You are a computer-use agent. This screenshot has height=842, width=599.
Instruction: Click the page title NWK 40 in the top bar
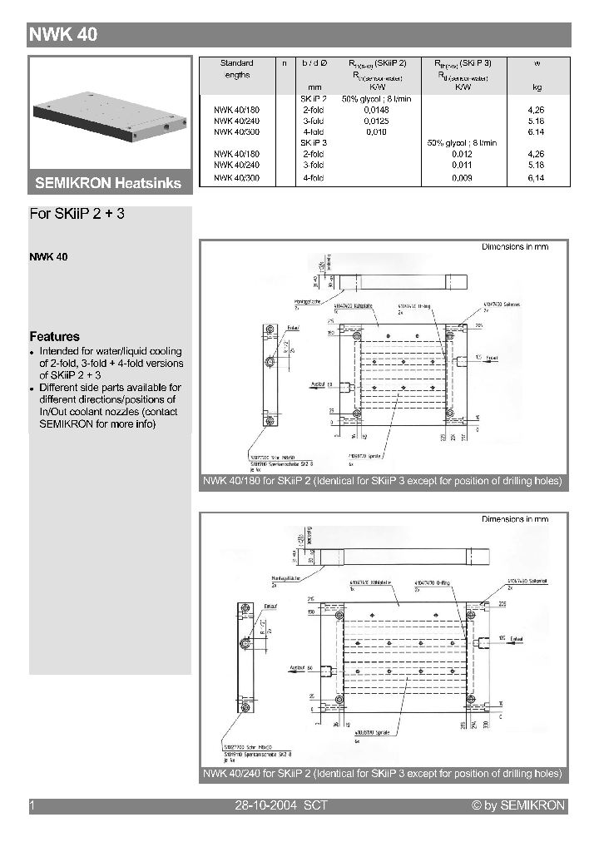[64, 34]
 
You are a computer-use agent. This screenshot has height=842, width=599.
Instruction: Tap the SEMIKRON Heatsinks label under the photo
[108, 183]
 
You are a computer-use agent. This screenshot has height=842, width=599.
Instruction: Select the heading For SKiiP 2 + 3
[77, 214]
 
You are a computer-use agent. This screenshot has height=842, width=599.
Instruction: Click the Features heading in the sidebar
[55, 337]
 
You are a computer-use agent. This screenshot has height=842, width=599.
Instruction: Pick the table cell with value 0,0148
[376, 109]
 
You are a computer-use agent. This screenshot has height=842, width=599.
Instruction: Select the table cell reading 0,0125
[376, 121]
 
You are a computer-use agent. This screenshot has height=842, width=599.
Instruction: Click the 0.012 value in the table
[462, 154]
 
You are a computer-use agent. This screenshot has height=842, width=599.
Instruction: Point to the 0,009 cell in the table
[462, 178]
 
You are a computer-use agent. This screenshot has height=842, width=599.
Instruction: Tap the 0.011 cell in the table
[462, 166]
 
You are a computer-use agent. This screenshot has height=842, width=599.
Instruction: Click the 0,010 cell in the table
[376, 132]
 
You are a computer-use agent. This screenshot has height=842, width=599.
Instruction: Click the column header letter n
[285, 63]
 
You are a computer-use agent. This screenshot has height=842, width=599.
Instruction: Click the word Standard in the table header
[236, 63]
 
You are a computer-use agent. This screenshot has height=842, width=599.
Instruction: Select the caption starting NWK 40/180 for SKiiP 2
[383, 482]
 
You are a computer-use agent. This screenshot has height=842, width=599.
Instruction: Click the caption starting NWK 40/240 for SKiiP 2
[383, 775]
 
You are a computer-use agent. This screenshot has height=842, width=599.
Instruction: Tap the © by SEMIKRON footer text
[517, 805]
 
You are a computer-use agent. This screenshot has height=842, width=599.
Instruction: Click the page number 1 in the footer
[32, 805]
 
